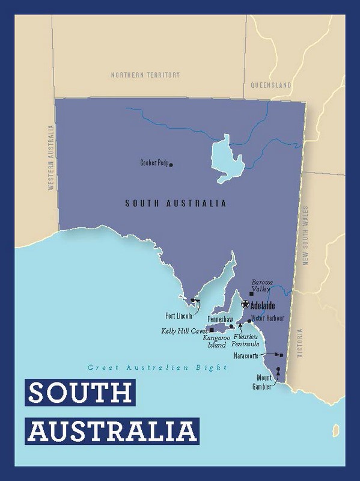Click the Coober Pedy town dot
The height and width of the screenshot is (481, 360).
pyautogui.click(x=171, y=164)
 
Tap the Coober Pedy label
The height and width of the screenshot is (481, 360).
pyautogui.click(x=154, y=163)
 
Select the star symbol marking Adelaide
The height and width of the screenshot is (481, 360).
pyautogui.click(x=245, y=304)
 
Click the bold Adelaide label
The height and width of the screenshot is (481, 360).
pyautogui.click(x=263, y=304)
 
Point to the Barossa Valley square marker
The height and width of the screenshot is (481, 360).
pyautogui.click(x=251, y=293)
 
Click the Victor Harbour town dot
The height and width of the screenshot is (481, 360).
pyautogui.click(x=249, y=313)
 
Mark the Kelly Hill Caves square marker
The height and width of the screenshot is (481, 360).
pyautogui.click(x=211, y=330)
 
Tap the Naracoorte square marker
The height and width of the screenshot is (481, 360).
pyautogui.click(x=282, y=355)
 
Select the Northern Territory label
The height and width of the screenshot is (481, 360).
pyautogui.click(x=145, y=75)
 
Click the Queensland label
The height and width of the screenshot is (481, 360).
pyautogui.click(x=271, y=85)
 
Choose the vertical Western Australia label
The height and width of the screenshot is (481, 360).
pyautogui.click(x=52, y=158)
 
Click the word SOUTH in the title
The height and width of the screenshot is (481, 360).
pyautogui.click(x=81, y=393)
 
